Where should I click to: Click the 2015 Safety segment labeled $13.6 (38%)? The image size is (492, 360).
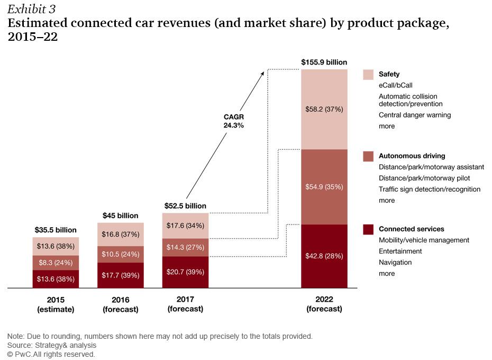point(55,246)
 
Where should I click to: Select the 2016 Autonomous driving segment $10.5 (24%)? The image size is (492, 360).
point(121,254)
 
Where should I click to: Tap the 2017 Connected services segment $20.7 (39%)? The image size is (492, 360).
point(185,272)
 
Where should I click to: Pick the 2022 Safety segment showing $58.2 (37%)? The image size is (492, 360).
point(324,109)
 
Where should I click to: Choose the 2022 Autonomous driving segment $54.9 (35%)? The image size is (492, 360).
point(324,187)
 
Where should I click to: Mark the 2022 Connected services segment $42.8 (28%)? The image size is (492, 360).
point(324,256)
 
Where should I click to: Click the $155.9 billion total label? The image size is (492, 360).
point(324,62)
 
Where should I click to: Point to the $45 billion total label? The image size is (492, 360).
point(120,215)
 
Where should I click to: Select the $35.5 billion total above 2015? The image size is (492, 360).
point(55,230)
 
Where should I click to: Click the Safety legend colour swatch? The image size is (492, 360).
point(368,75)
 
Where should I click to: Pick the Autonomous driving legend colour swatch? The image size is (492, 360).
point(368,156)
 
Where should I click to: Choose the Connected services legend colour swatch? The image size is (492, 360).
point(368,229)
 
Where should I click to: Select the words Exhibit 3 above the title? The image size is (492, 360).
point(31,10)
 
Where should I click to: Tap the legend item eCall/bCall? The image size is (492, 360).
point(395,85)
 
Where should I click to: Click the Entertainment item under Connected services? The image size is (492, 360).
point(400,251)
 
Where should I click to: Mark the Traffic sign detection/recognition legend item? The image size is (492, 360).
point(429,189)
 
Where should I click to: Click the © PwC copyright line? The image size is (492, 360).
point(51,354)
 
